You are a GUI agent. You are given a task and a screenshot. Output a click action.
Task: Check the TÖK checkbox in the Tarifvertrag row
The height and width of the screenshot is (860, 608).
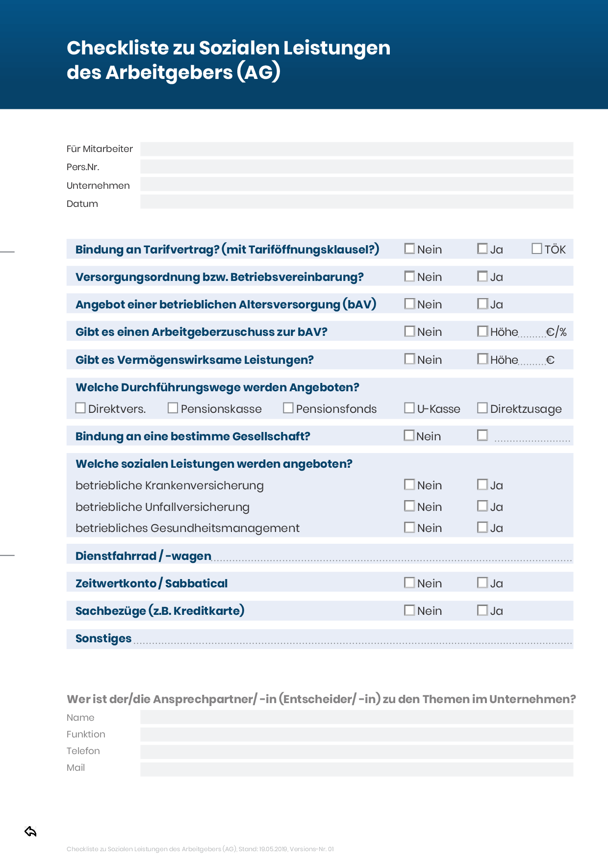coord(537,249)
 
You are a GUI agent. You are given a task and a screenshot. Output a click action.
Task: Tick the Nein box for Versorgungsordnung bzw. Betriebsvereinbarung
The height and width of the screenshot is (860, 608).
coord(409,277)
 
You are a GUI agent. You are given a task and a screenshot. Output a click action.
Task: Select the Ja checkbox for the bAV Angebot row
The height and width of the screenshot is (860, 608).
coord(482,304)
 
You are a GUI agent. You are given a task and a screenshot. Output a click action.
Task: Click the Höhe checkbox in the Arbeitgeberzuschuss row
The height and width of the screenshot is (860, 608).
coord(482,331)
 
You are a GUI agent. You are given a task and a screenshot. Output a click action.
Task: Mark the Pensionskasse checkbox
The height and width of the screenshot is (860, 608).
coord(173,408)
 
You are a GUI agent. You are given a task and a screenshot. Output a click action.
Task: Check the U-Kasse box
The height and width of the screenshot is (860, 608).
coord(409,408)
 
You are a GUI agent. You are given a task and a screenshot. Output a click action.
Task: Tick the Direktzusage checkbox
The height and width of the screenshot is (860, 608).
coord(482,408)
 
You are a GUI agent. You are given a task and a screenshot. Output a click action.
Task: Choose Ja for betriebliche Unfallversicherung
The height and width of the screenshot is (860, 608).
coord(482,506)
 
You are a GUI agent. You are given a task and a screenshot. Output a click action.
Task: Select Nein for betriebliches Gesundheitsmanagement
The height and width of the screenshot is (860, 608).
coord(409,527)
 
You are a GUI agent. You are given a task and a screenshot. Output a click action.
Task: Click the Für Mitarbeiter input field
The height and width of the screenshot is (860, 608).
coord(356,149)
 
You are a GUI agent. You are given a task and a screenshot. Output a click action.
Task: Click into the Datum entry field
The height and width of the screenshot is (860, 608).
coord(356,202)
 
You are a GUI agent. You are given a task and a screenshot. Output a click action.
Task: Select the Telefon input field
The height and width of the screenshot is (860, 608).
coord(356,752)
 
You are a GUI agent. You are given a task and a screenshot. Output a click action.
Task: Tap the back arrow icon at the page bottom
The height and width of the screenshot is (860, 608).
coord(30,832)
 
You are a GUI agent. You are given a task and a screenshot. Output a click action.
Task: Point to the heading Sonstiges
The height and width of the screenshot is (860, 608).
coord(103,638)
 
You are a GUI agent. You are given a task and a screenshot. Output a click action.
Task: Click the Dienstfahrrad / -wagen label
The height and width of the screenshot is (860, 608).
coord(143,556)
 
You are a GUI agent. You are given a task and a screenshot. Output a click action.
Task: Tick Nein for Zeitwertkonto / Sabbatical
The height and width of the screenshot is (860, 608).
coord(409,582)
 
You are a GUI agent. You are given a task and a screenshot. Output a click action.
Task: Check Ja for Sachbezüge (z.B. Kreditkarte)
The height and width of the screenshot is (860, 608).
coord(482,610)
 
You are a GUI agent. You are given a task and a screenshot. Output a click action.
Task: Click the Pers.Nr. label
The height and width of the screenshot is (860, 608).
coord(83,167)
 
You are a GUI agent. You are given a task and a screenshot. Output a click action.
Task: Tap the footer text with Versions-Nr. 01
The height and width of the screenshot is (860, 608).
coord(200,849)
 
